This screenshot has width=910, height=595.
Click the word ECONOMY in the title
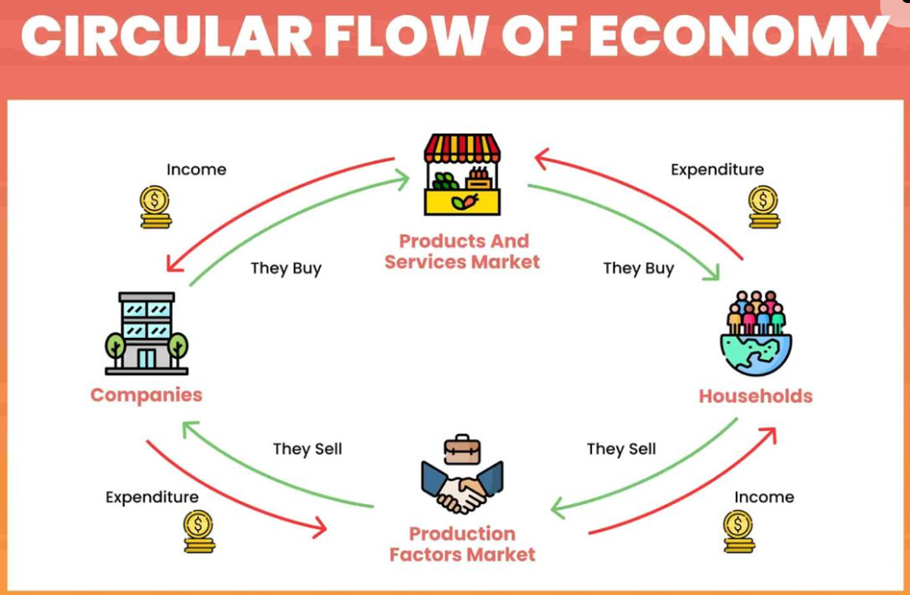[x=737, y=36]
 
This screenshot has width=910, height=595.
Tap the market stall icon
[x=463, y=174]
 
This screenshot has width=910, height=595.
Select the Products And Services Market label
[x=463, y=252]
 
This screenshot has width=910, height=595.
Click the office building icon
[x=146, y=333]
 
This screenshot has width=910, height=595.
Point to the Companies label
[x=146, y=395]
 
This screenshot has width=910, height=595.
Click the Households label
[x=755, y=396]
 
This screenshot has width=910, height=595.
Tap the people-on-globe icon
[x=756, y=333]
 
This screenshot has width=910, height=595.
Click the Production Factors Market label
[x=463, y=544]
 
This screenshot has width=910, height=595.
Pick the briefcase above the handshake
[x=463, y=449]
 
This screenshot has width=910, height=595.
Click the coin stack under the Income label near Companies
[x=155, y=207]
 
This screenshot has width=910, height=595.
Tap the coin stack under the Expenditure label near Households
[x=764, y=207]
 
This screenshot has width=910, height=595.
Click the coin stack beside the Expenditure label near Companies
[x=199, y=531]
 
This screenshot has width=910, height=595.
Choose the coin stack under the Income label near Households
[x=739, y=531]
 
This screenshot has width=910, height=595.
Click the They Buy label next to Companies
[x=286, y=268]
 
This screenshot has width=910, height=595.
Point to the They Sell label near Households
[x=621, y=449]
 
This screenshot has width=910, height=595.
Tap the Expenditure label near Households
[x=717, y=170]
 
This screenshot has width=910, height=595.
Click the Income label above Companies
[x=196, y=169]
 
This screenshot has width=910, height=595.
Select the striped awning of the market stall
[x=463, y=148]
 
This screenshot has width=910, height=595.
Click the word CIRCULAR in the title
[x=166, y=36]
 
